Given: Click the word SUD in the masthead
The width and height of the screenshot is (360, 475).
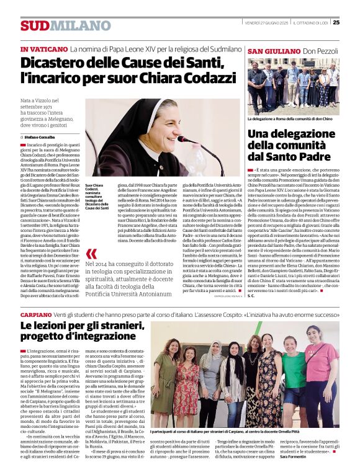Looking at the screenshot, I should point(34,25).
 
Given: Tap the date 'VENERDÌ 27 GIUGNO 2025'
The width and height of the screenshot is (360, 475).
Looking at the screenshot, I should point(269,22).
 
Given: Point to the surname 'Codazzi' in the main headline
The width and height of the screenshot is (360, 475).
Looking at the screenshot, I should point(196,79).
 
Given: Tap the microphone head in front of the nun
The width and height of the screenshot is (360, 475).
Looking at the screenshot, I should point(182,140).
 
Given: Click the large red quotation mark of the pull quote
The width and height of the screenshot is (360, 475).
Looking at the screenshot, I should point(91,254).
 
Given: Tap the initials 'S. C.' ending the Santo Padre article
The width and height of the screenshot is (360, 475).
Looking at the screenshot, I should point(251,296).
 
